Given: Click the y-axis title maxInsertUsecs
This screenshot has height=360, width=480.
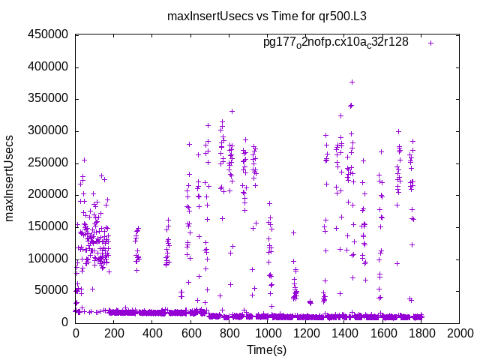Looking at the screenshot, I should coord(10,178).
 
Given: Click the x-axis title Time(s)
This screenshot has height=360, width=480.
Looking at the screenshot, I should coord(267,349).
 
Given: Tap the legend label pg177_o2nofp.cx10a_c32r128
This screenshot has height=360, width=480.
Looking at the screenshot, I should coord(335,42).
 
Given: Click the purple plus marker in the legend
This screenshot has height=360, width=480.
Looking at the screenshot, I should coord(430,43).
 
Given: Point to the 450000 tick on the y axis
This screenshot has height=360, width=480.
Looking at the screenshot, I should coord(48,34).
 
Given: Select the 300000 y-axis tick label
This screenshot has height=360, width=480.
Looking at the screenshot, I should coord(48,130).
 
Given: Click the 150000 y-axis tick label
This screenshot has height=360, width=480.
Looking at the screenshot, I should coord(48,226).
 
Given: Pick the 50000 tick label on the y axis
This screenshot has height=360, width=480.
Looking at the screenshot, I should coord(51,290).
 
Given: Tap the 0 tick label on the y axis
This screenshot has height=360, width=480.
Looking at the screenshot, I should coord(65,322).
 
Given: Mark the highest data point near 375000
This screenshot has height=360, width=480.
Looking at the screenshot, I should coord(352,82).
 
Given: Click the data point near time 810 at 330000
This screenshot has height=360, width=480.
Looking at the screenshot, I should coord(232,111).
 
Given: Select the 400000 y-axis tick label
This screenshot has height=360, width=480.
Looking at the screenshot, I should coord(48,67).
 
